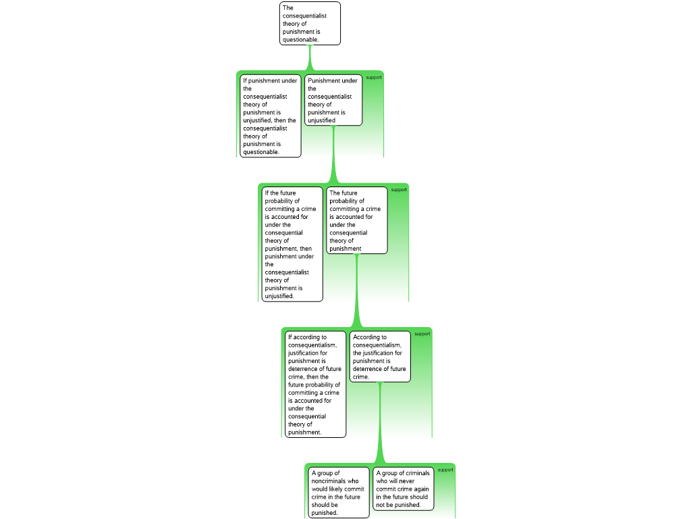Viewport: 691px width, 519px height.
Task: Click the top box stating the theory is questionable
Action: [x=310, y=24]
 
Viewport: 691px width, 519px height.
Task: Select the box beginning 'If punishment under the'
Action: [x=271, y=116]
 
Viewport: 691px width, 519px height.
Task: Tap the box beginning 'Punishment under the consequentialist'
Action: [x=333, y=100]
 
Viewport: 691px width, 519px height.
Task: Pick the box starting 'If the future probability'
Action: [x=292, y=244]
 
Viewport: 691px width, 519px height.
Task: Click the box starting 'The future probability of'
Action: [x=357, y=220]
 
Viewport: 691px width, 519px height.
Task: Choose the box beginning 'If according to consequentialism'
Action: [x=316, y=385]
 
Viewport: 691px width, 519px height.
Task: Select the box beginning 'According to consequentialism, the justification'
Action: [x=380, y=357]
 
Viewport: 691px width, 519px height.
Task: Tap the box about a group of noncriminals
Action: [x=339, y=493]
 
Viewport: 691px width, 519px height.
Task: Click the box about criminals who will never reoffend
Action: [x=404, y=489]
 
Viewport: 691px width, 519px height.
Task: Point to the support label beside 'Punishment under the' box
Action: [x=374, y=78]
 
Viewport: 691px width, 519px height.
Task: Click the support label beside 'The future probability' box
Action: [x=399, y=190]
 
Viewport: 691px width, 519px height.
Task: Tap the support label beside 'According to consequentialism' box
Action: [x=422, y=334]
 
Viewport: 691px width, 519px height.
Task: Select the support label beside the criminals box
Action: [x=445, y=470]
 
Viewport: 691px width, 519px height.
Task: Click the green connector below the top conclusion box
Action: [x=310, y=58]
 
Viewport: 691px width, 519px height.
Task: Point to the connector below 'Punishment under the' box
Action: [x=333, y=155]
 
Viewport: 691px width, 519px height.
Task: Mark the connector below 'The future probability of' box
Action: [x=356, y=291]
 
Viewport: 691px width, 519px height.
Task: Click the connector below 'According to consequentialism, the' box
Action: [x=380, y=423]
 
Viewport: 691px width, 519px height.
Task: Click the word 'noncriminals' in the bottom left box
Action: [x=335, y=481]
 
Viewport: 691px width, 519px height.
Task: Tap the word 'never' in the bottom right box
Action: [x=407, y=481]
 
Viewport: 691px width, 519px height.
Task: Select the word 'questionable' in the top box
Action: [x=300, y=40]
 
